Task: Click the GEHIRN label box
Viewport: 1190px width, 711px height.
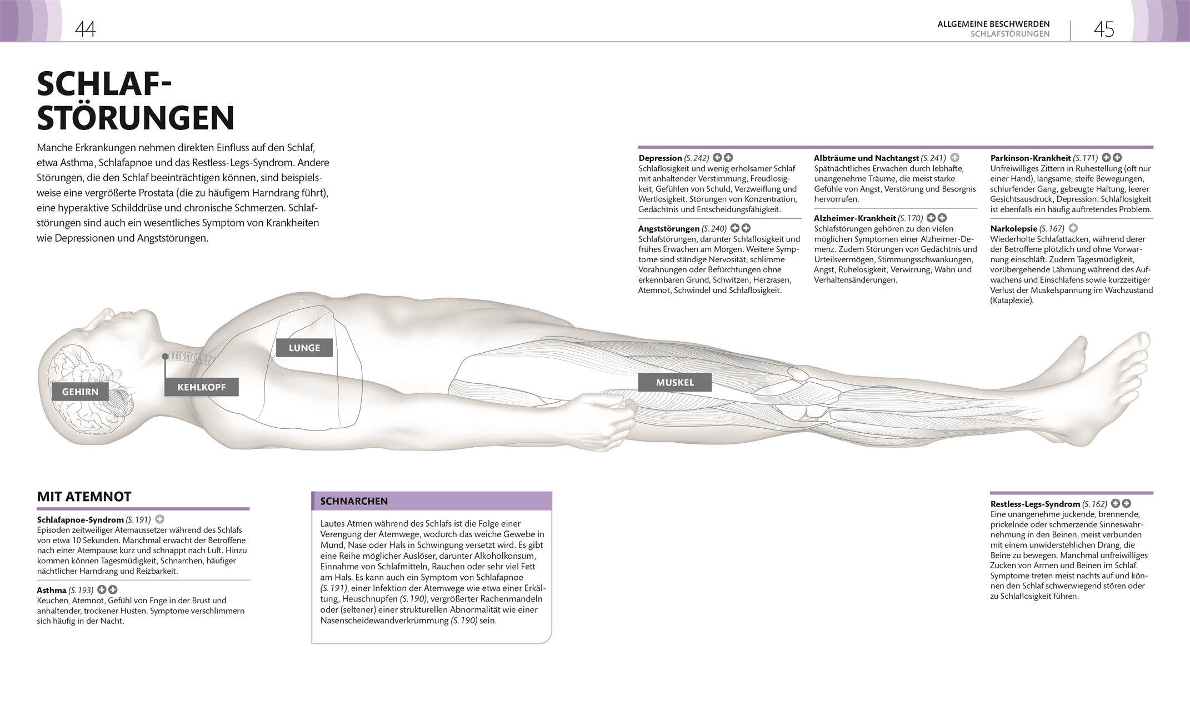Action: click(80, 392)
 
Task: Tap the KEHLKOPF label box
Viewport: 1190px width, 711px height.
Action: click(201, 387)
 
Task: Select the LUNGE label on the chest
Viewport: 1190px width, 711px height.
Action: click(304, 348)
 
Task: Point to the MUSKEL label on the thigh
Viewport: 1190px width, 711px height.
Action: click(674, 382)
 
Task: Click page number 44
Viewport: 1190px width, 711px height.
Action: click(85, 29)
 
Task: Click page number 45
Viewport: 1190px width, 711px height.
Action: click(1103, 29)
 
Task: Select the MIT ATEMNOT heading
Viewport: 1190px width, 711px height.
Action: click(84, 497)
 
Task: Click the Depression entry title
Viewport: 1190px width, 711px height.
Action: click(660, 158)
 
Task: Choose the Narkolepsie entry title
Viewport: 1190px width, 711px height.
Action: click(1013, 228)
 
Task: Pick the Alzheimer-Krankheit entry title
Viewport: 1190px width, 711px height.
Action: click(854, 218)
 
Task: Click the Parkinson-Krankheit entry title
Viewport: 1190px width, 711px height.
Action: click(1030, 158)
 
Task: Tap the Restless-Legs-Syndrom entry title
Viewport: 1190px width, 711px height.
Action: click(1034, 504)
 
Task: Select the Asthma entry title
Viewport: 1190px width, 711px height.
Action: click(52, 590)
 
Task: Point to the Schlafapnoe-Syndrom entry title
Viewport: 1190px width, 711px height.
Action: click(80, 520)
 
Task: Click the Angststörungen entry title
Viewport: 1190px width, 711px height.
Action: click(668, 228)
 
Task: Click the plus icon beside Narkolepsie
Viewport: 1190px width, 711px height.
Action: click(1073, 228)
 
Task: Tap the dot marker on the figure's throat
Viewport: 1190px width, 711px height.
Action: click(165, 356)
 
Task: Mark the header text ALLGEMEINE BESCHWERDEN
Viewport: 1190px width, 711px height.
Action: click(993, 24)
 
